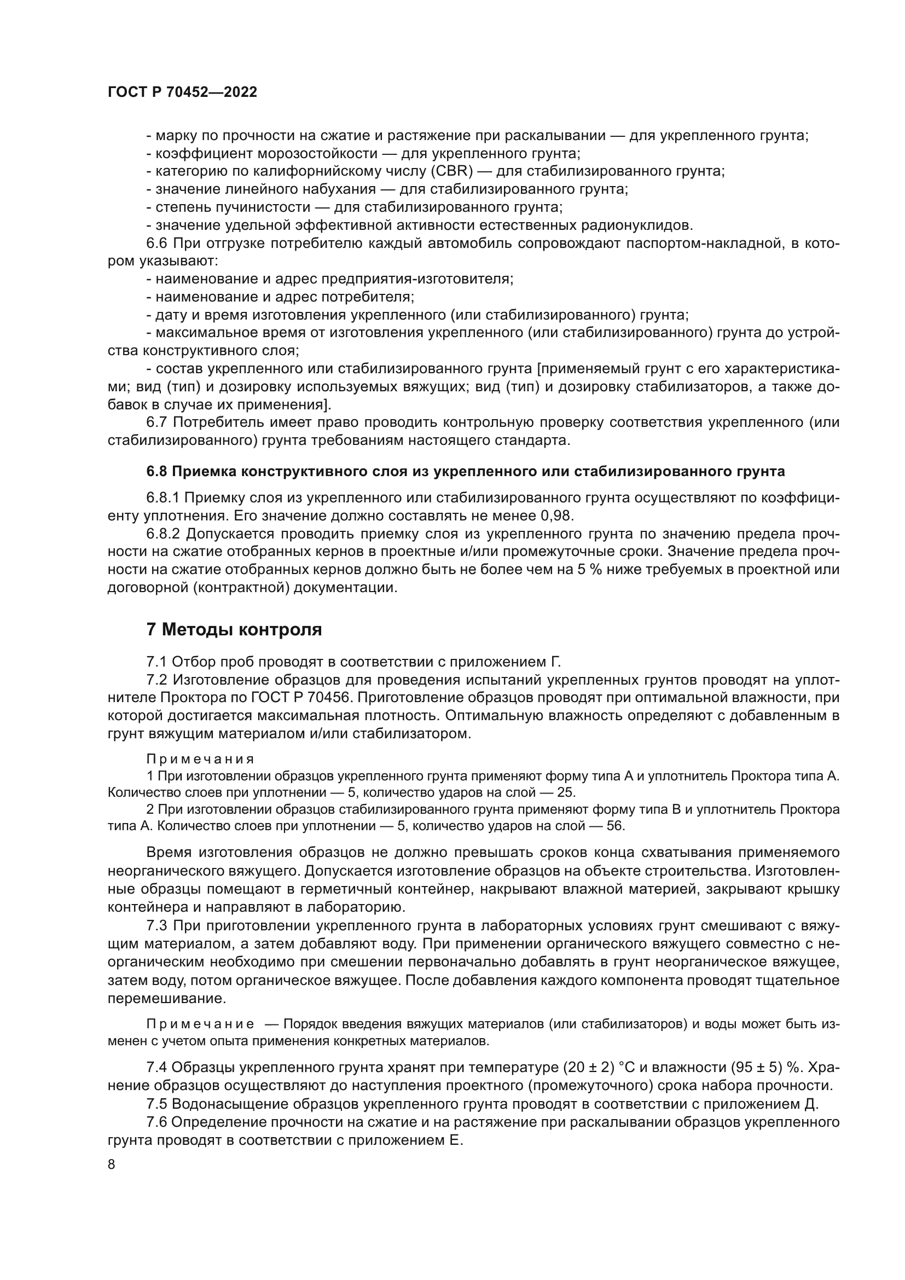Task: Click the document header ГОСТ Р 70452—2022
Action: pos(182,92)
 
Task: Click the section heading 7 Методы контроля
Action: pos(234,630)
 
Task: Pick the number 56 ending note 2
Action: pos(615,826)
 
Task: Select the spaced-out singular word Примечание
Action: pos(200,1024)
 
